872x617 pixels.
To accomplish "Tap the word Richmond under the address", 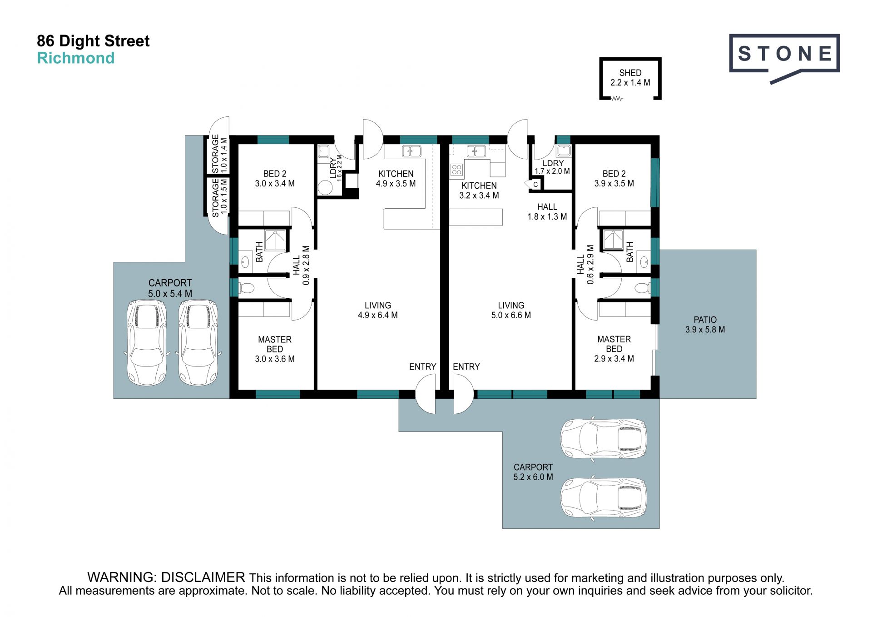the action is coord(76,58).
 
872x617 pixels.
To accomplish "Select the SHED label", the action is coord(630,73).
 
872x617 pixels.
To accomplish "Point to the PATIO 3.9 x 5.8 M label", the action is coord(705,325).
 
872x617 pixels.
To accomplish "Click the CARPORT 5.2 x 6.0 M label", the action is coord(533,472).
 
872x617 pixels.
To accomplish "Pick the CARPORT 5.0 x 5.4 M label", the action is coord(170,288).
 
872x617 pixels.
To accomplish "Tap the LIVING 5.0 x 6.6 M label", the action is coord(511,310).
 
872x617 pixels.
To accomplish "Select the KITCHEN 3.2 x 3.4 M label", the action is coord(479,191).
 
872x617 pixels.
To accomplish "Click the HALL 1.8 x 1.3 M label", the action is coord(547,212).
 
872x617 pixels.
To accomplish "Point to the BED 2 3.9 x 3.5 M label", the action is coord(614,179).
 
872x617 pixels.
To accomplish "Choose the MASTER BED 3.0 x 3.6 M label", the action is coord(275,349).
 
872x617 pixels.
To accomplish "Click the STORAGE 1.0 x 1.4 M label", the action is coord(219,154).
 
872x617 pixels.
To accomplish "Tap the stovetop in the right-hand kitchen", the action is coord(456,170).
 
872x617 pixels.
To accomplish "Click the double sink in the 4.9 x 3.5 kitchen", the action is coord(411,151).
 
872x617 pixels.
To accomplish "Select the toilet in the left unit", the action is coord(246,288).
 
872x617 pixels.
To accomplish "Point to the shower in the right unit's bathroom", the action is coord(613,240).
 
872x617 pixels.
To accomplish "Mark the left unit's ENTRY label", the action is coord(422,366).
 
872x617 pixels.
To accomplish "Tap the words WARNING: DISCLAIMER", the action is coord(166,577).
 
